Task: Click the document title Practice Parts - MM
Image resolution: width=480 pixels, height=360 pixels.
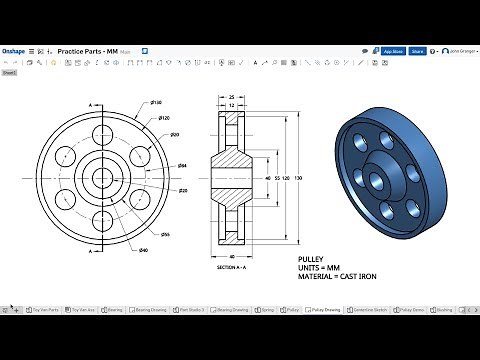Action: click(88, 50)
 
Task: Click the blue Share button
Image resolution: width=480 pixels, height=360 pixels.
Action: click(417, 50)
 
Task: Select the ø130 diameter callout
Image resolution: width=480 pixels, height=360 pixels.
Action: click(157, 103)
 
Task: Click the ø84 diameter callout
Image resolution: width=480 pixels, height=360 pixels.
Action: click(183, 166)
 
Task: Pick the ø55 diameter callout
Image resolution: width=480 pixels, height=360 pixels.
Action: click(165, 234)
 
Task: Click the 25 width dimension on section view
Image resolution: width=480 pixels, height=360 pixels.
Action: click(232, 98)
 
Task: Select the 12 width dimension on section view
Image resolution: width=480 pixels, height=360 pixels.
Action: click(232, 107)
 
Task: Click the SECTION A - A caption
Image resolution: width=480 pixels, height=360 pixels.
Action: click(232, 267)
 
